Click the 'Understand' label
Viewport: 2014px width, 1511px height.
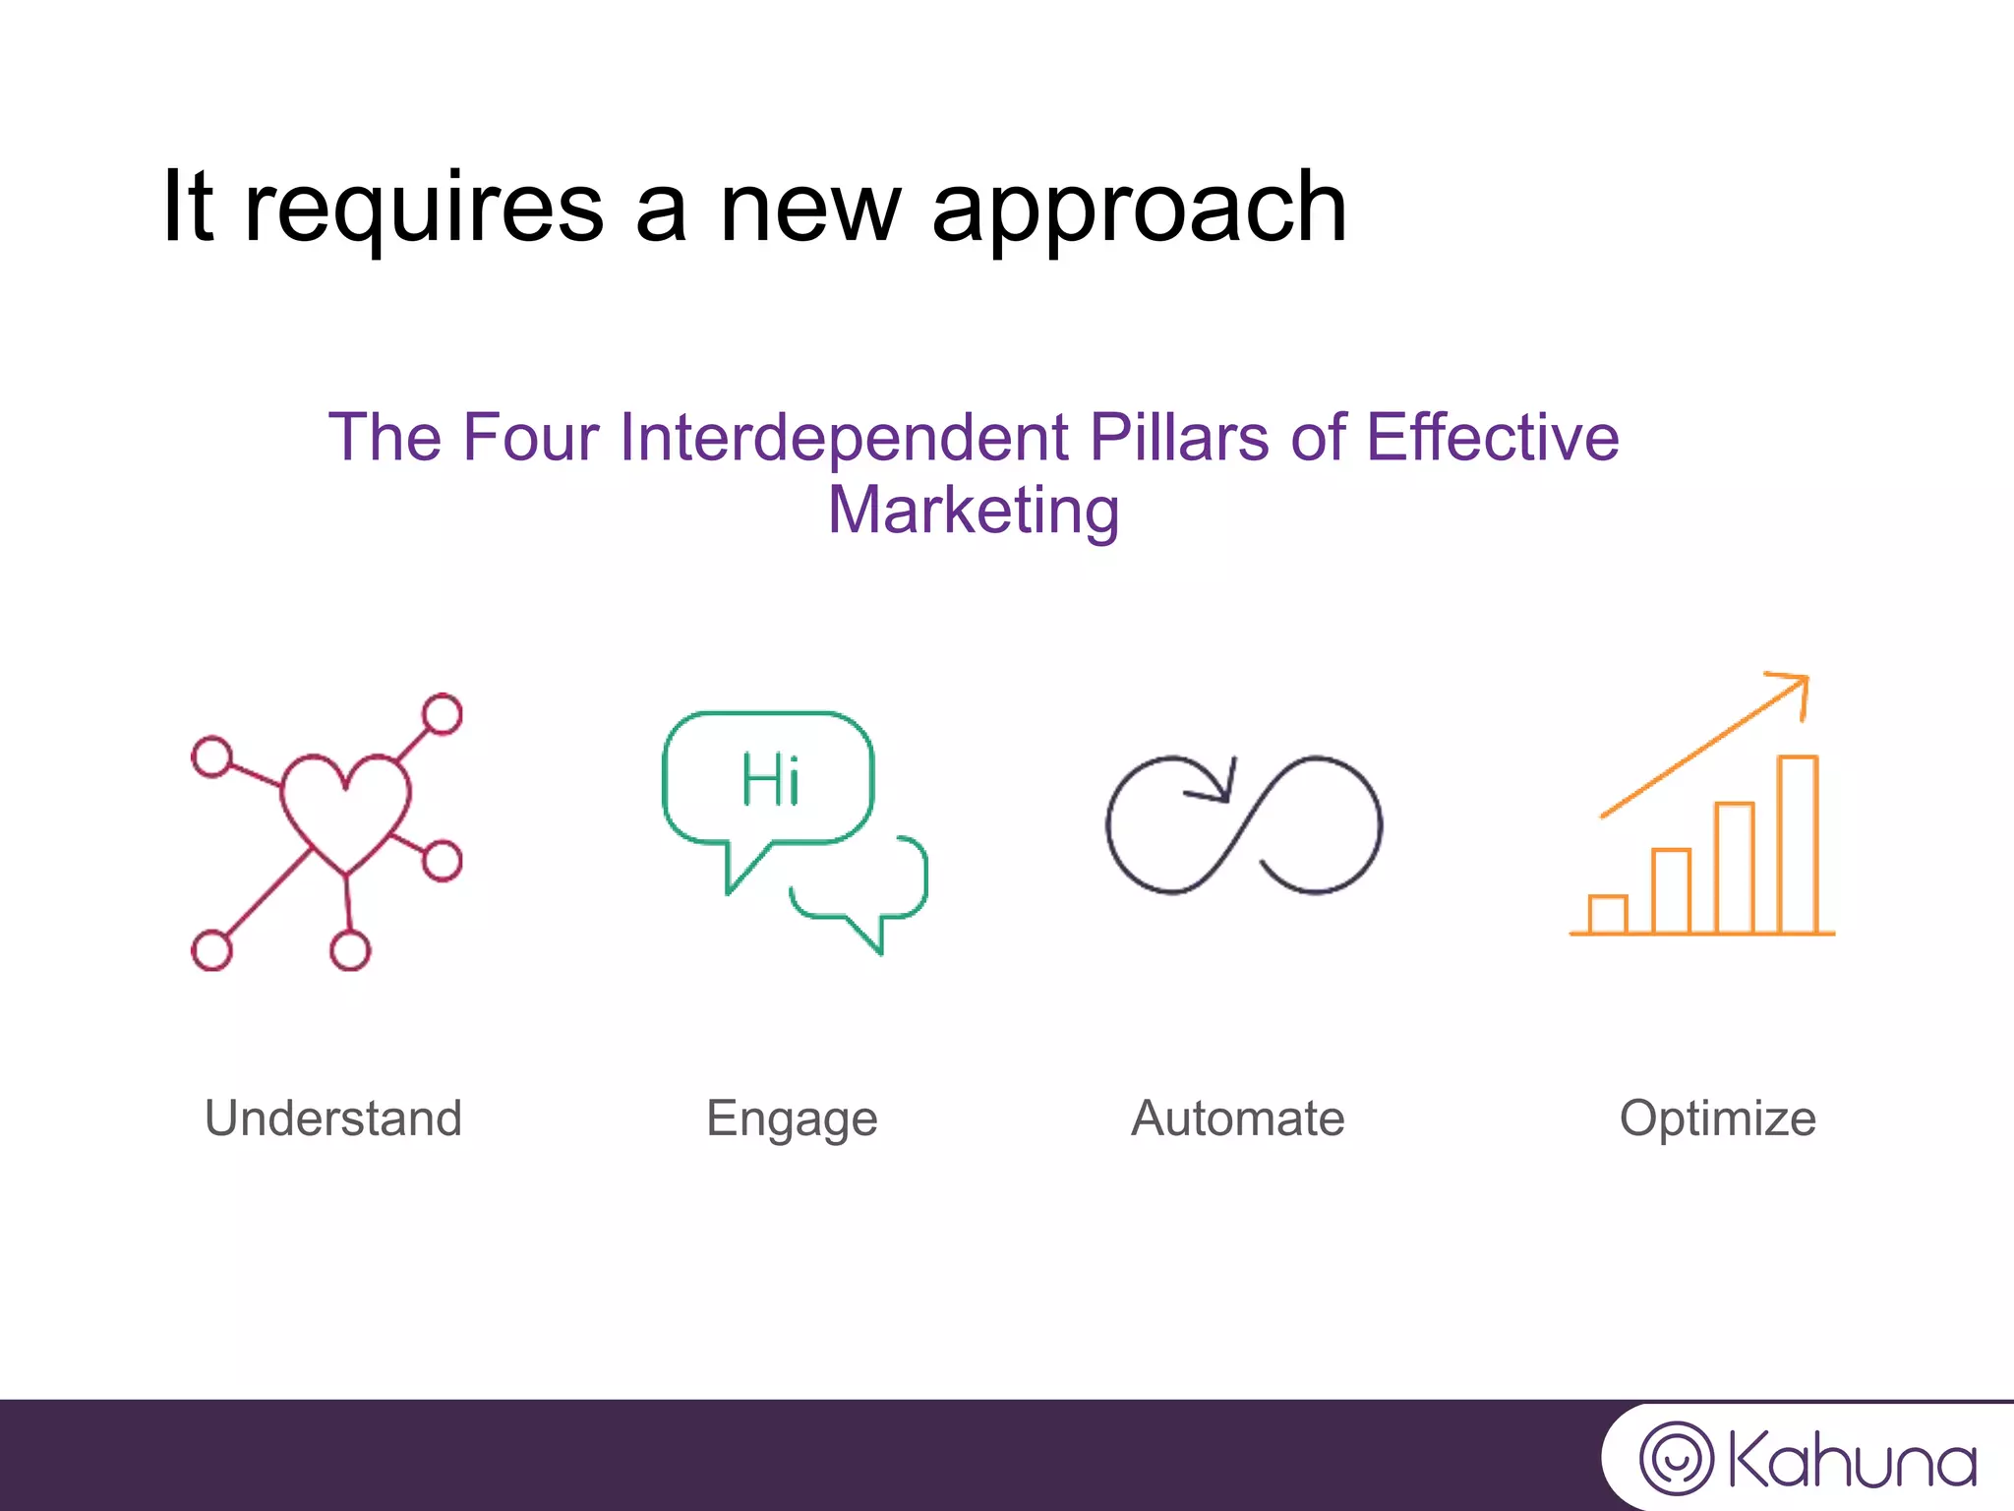[x=333, y=1118]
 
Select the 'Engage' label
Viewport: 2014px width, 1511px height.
[x=792, y=1119]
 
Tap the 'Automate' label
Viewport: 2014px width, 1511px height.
[x=1238, y=1118]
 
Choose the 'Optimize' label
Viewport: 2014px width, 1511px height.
[x=1717, y=1118]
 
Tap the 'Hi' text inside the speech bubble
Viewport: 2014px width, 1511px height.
[x=770, y=780]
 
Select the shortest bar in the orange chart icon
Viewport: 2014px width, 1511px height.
[x=1608, y=914]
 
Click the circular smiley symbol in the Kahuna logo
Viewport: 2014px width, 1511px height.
[x=1676, y=1458]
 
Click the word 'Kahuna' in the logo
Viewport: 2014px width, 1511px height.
[x=1852, y=1461]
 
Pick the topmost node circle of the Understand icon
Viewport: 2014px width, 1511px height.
[x=443, y=714]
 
